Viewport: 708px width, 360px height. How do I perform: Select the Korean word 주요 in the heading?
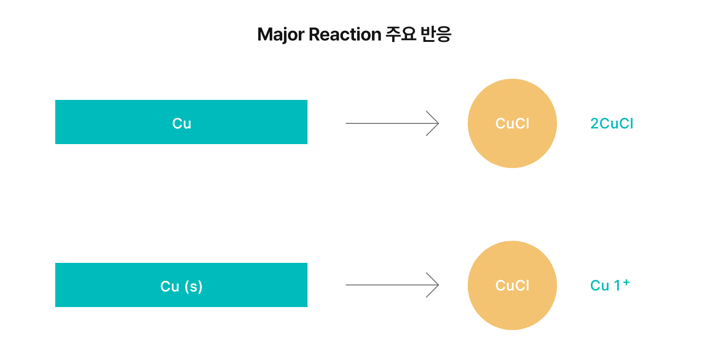pos(400,35)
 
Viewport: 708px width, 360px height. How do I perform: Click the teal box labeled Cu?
pos(181,122)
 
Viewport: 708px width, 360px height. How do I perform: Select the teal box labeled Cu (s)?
pos(181,285)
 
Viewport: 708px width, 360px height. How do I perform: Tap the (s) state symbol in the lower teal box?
pos(193,286)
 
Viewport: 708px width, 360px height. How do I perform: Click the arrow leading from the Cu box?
pos(387,123)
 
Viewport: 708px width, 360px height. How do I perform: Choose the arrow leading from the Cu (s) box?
pos(387,285)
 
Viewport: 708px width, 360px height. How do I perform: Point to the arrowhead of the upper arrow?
pos(435,123)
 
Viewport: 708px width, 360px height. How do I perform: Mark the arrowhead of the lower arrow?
pos(435,285)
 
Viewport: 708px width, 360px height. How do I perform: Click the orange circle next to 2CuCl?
pos(512,99)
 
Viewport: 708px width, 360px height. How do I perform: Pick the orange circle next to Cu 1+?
pos(512,308)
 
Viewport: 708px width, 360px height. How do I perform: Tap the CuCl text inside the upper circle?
pos(512,123)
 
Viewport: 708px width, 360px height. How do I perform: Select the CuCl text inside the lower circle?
pos(512,285)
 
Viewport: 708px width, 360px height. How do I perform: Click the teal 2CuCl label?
pos(611,123)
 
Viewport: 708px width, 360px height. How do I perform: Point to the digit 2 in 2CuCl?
pos(594,123)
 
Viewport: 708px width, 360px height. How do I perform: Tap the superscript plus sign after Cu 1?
pos(626,281)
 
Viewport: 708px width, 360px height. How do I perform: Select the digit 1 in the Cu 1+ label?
pos(617,286)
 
